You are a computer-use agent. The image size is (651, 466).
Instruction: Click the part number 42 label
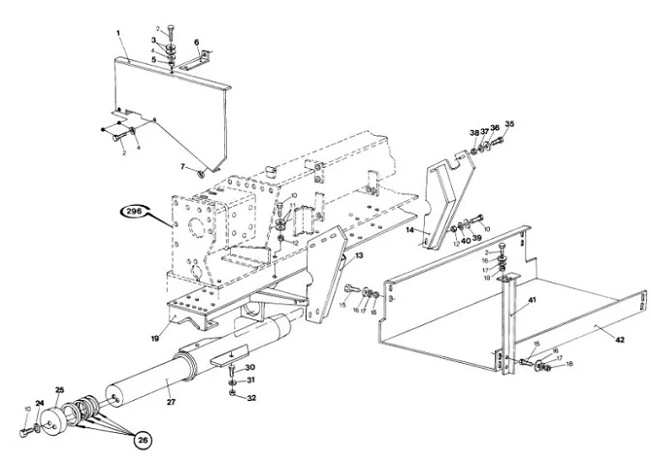coord(618,339)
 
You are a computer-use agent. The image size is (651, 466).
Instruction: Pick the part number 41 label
coord(532,302)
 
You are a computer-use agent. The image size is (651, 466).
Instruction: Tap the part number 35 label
coord(509,124)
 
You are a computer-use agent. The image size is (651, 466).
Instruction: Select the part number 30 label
coord(250,367)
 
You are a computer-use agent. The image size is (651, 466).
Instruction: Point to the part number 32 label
coord(250,398)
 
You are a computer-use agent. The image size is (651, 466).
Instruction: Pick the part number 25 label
coord(58,391)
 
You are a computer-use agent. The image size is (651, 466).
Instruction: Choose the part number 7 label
coord(180,167)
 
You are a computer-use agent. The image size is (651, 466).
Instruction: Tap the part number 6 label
coord(196,42)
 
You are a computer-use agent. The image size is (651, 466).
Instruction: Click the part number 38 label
coord(473,133)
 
